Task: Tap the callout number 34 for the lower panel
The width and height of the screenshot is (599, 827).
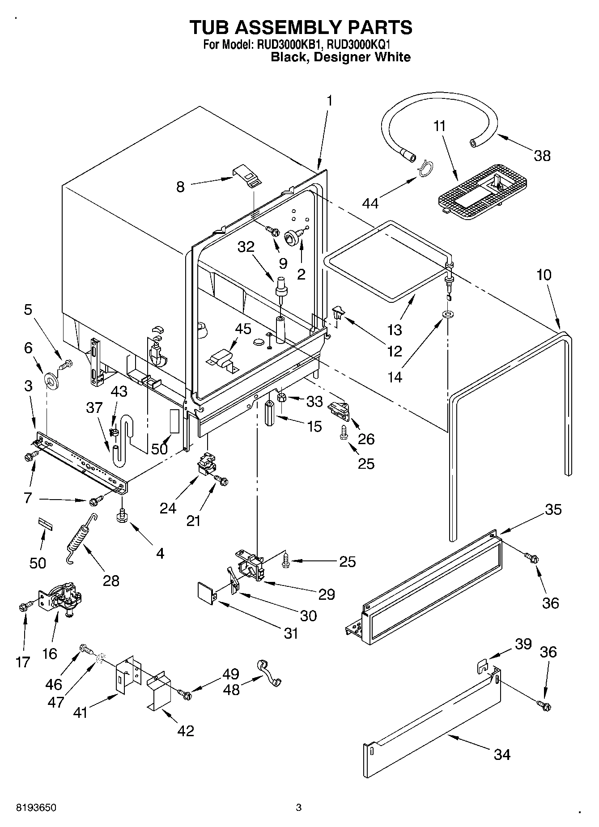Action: [502, 755]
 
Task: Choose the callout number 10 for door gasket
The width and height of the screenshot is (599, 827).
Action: [544, 274]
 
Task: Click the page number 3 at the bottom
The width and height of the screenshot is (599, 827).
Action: [299, 808]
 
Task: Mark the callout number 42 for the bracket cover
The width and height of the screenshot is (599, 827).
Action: [186, 730]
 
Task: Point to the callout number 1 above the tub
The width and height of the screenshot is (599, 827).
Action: [330, 101]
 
